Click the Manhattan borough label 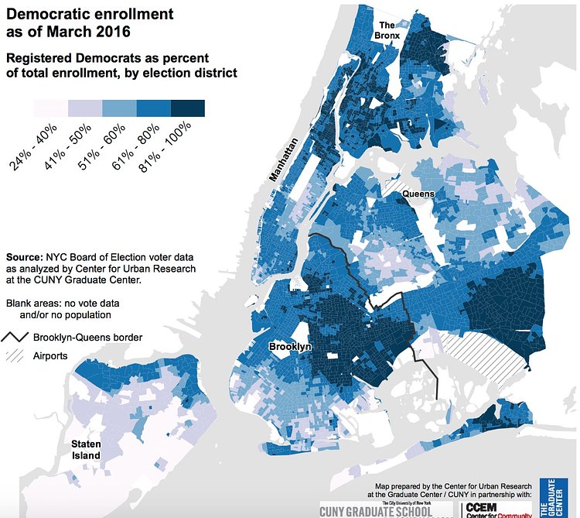click(x=283, y=160)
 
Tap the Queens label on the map click(x=418, y=194)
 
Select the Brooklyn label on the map click(x=290, y=347)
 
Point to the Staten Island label click(x=85, y=450)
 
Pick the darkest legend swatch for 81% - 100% click(x=187, y=108)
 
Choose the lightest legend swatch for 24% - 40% click(x=50, y=108)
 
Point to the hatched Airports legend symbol click(x=16, y=356)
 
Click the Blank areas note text click(x=59, y=309)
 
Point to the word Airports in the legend click(x=52, y=356)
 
